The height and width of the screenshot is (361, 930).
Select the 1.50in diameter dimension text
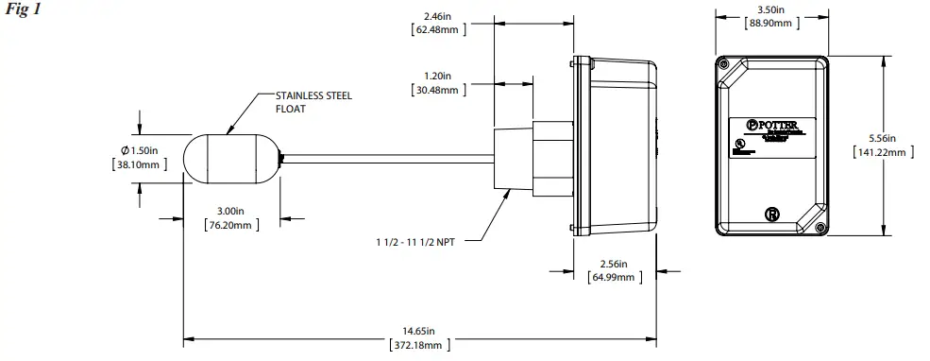tap(141, 151)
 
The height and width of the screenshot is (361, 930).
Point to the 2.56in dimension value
tap(614, 264)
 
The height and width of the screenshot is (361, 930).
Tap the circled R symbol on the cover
tap(771, 215)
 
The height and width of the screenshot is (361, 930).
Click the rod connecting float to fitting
tap(387, 160)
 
